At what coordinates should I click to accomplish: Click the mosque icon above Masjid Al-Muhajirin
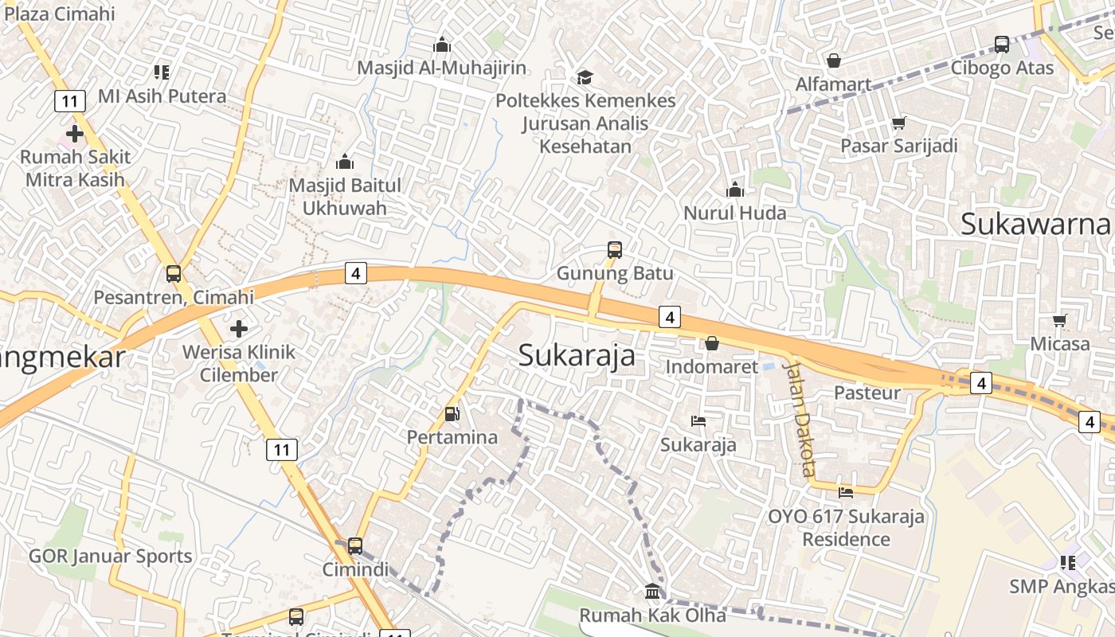tap(442, 45)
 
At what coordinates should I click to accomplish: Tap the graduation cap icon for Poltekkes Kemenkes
tap(585, 77)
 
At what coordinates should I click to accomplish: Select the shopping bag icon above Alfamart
tap(834, 61)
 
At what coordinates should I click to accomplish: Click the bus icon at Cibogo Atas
tap(1002, 45)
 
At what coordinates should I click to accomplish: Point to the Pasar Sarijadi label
tap(899, 146)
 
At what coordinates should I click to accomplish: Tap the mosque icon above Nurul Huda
tap(734, 190)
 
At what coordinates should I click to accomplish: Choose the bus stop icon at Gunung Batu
tap(615, 249)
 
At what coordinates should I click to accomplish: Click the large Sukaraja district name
tap(577, 355)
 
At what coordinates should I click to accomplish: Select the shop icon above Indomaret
tap(712, 343)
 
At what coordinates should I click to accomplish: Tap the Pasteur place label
tap(867, 393)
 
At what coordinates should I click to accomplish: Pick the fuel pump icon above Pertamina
tap(452, 414)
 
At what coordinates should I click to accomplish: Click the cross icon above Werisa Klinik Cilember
tap(238, 328)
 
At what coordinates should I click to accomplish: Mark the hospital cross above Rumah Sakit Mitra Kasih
tap(75, 134)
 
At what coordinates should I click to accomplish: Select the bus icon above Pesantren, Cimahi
tap(174, 274)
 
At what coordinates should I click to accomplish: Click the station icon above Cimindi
tap(355, 546)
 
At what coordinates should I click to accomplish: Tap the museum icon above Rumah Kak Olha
tap(652, 592)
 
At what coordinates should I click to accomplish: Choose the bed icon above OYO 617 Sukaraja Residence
tap(846, 493)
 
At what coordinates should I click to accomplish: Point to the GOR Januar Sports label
tap(110, 556)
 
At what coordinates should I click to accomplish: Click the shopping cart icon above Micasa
tap(1059, 320)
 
